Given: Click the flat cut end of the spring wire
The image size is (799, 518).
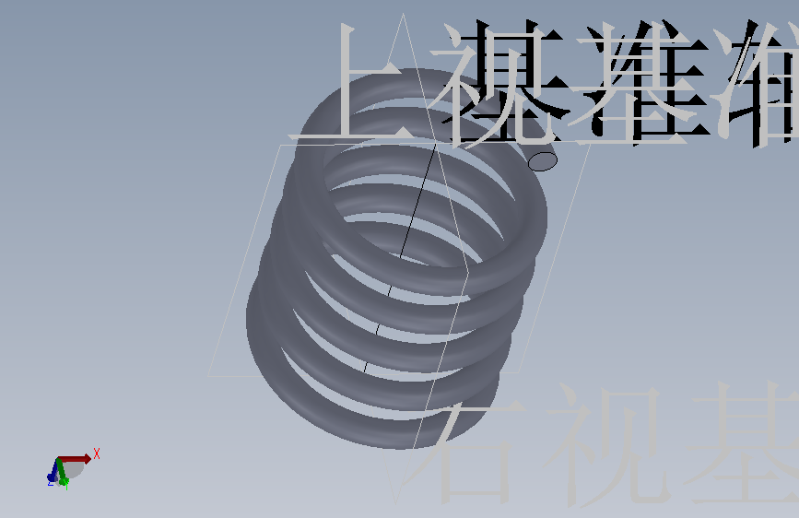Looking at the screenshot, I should pyautogui.click(x=543, y=162).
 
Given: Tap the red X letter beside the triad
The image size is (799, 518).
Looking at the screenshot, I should pyautogui.click(x=96, y=453).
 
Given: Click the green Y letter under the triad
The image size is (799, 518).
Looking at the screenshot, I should pyautogui.click(x=67, y=486).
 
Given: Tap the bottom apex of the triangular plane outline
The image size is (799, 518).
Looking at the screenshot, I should pyautogui.click(x=398, y=503).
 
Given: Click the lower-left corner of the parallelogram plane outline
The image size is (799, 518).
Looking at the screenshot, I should pyautogui.click(x=209, y=375).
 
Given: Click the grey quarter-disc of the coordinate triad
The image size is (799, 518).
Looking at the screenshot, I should pyautogui.click(x=74, y=467).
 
